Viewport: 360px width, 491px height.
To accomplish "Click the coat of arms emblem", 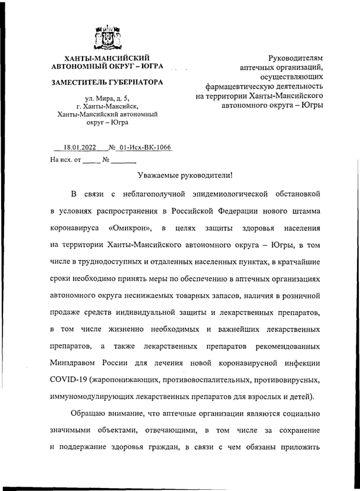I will (x=108, y=37).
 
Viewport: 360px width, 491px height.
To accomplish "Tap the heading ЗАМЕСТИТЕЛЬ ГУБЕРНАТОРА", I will (x=108, y=81).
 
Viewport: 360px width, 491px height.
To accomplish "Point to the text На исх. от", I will (x=65, y=160).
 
